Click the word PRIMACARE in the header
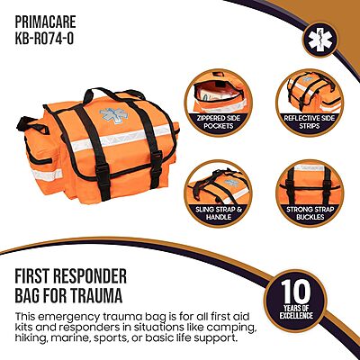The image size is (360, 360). pyautogui.click(x=45, y=22)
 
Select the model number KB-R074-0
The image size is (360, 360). pyautogui.click(x=44, y=39)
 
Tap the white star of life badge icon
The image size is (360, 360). pyautogui.click(x=320, y=40)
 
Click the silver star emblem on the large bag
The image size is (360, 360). pyautogui.click(x=113, y=116)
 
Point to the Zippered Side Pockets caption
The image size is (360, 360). pyautogui.click(x=219, y=121)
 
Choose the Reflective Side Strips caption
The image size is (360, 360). pyautogui.click(x=310, y=121)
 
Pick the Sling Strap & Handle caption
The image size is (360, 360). pyautogui.click(x=219, y=212)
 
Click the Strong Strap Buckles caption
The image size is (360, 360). pyautogui.click(x=310, y=212)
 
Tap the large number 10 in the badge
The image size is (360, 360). pyautogui.click(x=295, y=292)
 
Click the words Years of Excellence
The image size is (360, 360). pyautogui.click(x=296, y=311)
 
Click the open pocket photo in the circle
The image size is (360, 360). pyautogui.click(x=218, y=92)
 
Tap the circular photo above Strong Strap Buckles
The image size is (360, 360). pyautogui.click(x=310, y=184)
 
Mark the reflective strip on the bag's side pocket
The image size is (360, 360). pyautogui.click(x=47, y=175)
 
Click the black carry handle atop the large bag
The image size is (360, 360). pyautogui.click(x=115, y=93)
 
